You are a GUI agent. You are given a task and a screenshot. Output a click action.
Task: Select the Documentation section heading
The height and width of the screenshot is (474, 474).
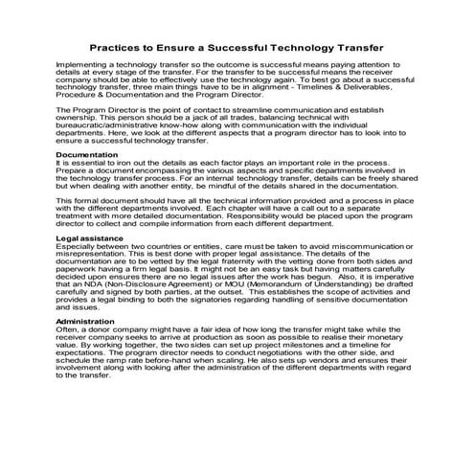[x=87, y=153]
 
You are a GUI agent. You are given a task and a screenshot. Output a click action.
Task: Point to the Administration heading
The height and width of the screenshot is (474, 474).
[x=88, y=349]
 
